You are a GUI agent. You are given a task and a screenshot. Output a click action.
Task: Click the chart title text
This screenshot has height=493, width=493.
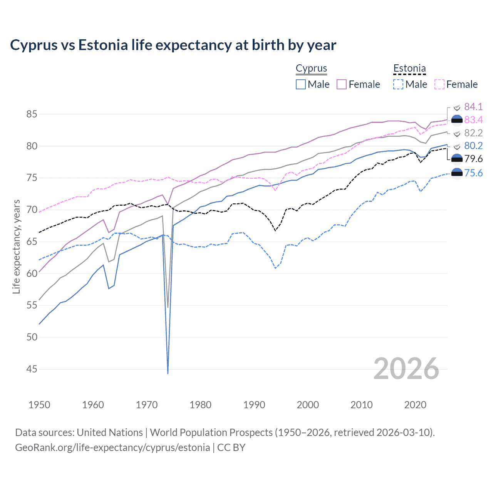coord(173,45)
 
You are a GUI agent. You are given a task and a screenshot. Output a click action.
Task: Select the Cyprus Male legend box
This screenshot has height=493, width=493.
coord(301,84)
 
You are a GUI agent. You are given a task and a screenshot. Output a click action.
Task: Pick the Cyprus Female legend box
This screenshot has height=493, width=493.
coord(342,84)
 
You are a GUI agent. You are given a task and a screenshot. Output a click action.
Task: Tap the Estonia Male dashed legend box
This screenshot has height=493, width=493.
coord(398,84)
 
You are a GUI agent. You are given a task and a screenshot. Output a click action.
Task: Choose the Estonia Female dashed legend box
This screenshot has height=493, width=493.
coord(439,84)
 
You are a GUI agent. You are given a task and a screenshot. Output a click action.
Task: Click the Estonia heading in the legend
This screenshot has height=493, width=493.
coord(409,69)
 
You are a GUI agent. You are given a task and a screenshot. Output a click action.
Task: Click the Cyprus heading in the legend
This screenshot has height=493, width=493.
coord(311,69)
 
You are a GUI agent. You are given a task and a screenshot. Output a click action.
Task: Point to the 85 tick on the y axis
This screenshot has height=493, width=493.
coord(32,114)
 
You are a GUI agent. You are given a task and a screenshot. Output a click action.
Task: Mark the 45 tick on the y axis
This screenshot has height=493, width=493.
coord(32,369)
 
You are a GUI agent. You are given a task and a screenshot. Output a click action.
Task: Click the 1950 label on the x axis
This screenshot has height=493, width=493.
coord(39,405)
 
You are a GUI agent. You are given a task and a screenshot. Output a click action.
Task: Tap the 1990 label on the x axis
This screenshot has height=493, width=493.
coord(254,405)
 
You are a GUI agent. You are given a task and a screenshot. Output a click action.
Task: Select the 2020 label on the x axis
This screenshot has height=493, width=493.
coord(415,405)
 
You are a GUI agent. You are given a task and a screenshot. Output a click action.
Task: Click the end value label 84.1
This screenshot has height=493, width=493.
coord(473,107)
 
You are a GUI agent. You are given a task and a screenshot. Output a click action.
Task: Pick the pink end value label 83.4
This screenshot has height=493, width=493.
coord(473,120)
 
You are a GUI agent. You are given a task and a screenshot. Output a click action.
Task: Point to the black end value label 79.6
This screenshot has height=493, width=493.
coord(473,159)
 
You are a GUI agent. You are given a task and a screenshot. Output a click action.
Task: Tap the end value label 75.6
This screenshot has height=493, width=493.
coord(473,173)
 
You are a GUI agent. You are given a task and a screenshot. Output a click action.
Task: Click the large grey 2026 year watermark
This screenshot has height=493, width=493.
coord(406,369)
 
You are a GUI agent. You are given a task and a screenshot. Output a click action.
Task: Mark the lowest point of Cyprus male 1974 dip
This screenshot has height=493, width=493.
coord(168,373)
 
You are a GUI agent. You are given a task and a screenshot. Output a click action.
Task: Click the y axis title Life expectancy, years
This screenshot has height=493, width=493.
coord(16,246)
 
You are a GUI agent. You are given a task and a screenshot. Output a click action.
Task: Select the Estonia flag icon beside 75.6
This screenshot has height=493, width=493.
coord(456,174)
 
